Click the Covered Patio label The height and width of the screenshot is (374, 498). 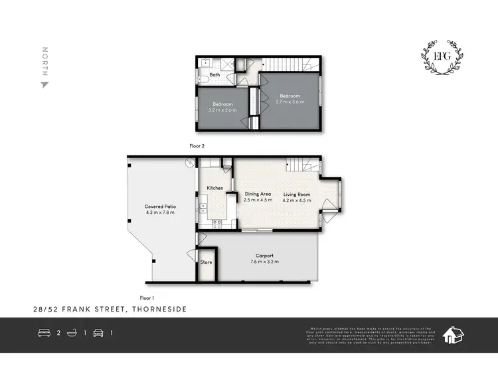(160, 207)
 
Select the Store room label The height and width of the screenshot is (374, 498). (206, 262)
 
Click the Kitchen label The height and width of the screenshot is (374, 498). (214, 189)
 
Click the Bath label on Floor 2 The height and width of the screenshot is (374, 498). (215, 75)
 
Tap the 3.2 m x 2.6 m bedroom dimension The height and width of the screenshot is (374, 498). (222, 110)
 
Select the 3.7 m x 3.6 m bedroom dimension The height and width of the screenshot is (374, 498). (290, 102)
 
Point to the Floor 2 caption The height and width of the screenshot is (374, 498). (196, 144)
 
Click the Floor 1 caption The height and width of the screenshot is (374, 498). (147, 298)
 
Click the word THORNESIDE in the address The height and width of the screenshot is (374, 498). (161, 309)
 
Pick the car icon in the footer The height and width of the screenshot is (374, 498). (98, 333)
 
